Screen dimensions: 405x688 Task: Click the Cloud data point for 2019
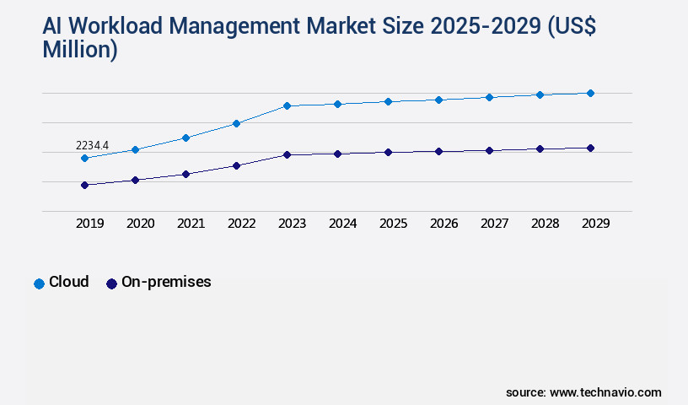[x=84, y=158]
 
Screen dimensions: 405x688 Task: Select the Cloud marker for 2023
[x=287, y=105]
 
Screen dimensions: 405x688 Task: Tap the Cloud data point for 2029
[x=590, y=93]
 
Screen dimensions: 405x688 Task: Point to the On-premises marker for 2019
[x=84, y=185]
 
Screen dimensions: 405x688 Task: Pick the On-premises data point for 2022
[x=236, y=165]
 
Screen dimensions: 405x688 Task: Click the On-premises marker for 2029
[x=590, y=148]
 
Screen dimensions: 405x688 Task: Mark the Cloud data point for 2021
[x=185, y=138]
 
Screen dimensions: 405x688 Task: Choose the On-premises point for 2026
[x=438, y=151]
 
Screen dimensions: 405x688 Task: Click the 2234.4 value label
[x=93, y=145]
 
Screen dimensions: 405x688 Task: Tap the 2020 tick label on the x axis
[x=140, y=224]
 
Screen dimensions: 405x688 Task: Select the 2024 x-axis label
[x=342, y=224]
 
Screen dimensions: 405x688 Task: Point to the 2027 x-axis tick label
[x=494, y=224]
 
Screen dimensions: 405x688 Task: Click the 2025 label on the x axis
[x=393, y=224]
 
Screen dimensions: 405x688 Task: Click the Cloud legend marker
[x=39, y=283]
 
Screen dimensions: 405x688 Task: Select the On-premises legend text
[x=166, y=282]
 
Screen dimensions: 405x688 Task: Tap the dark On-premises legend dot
[x=111, y=283]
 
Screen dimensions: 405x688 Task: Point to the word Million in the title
[x=79, y=50]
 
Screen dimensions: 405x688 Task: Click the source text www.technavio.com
[x=605, y=392]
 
